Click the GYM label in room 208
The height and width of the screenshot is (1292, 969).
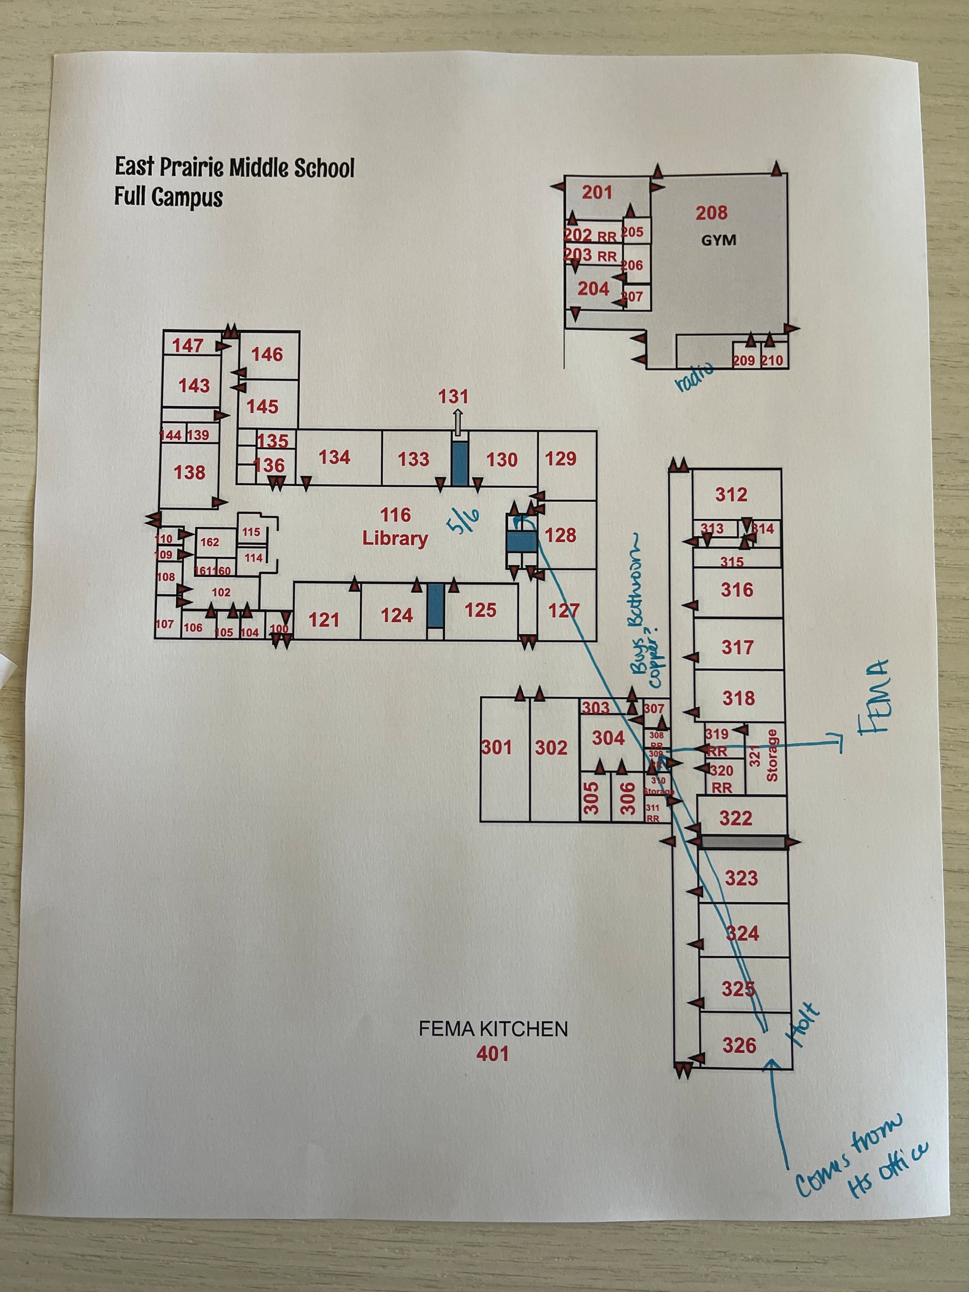(719, 240)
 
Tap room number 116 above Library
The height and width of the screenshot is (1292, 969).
(396, 515)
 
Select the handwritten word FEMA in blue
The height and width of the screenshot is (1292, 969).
(875, 696)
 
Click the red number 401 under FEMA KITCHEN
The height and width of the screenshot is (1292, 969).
(492, 1054)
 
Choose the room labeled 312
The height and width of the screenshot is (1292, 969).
(731, 495)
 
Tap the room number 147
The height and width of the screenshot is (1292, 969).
(188, 346)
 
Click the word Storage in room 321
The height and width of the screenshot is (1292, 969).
(772, 755)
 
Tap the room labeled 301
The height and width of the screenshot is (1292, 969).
(496, 747)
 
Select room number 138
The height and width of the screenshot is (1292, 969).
(189, 472)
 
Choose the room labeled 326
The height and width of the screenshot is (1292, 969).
(739, 1045)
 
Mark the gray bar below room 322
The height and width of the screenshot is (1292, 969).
(742, 842)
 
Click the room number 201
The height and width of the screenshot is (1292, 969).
(597, 192)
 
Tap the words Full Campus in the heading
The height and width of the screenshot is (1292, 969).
(168, 197)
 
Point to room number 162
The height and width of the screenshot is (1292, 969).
(210, 542)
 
